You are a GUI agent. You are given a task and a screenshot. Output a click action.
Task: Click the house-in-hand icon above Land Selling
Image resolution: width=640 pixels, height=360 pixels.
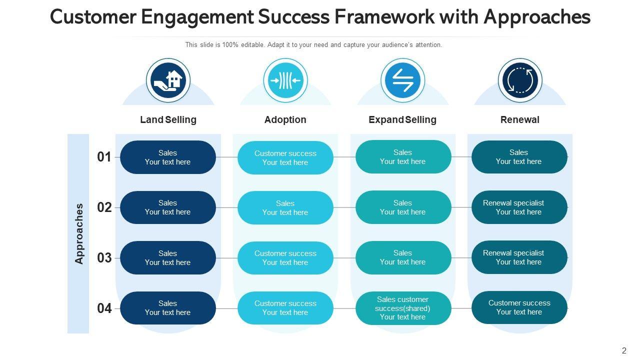coord(168,80)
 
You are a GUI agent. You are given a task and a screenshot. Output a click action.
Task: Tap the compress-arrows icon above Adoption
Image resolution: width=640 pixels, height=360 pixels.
coord(285,80)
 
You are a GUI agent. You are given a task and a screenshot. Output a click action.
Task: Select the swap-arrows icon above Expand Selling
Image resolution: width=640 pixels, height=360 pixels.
coord(402,80)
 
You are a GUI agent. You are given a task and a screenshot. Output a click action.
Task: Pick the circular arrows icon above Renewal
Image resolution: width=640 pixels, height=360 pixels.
coord(520,80)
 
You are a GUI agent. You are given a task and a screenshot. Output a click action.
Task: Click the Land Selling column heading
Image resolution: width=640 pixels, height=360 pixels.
coord(168,120)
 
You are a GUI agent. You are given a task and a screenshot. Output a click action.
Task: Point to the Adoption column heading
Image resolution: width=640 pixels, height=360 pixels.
coord(285,120)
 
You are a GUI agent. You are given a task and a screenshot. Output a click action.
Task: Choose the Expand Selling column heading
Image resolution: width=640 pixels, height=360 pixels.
coord(402,120)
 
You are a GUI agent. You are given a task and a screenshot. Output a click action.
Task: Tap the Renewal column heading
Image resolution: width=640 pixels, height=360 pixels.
coord(520,120)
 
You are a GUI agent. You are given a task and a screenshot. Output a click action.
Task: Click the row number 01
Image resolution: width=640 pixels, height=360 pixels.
coord(104,157)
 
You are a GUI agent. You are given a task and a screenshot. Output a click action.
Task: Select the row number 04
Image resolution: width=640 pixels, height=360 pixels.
coord(104,308)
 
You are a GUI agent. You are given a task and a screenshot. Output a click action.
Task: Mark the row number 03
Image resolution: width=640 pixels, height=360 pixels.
coord(104,258)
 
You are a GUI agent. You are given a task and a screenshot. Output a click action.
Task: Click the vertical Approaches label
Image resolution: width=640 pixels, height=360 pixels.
coord(79,233)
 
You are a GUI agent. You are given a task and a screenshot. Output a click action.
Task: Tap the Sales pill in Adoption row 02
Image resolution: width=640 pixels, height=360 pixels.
coord(285,207)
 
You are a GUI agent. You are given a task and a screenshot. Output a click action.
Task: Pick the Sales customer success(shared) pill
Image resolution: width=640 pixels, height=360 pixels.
coord(403,308)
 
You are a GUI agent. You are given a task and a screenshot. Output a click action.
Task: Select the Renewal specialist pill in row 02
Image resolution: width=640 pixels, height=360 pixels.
coord(519,207)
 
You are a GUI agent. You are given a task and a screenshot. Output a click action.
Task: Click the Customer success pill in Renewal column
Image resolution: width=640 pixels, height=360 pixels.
coord(519,307)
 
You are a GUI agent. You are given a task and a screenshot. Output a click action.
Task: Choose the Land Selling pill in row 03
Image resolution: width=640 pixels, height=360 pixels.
coord(168,257)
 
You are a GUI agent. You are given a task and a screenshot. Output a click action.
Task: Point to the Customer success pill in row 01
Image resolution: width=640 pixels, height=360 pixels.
coord(285,157)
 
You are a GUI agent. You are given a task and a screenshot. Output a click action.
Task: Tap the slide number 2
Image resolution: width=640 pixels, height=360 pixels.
coord(624,351)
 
